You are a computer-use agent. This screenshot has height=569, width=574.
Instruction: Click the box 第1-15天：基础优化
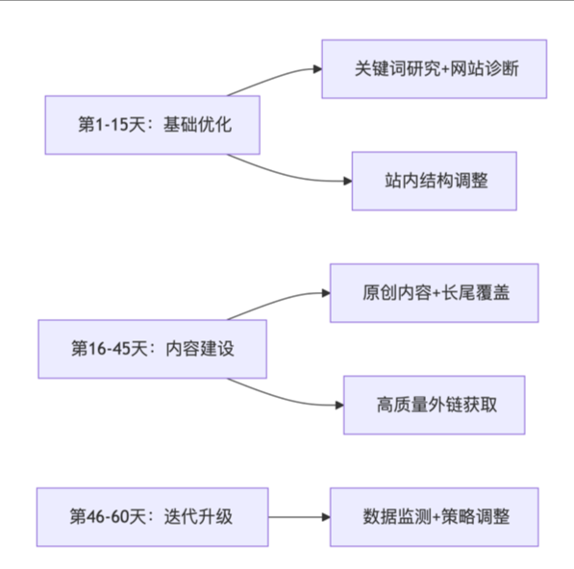[152, 125]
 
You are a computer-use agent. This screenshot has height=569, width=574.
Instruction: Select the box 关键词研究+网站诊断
[434, 69]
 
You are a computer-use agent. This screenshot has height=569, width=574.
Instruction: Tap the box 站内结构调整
[434, 180]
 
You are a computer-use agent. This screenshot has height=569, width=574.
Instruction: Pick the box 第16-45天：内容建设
[152, 349]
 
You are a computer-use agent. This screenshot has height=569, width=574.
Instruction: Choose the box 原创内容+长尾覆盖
[434, 292]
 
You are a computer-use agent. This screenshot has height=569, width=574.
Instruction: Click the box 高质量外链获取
[434, 404]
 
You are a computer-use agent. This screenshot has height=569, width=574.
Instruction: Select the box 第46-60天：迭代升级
[152, 516]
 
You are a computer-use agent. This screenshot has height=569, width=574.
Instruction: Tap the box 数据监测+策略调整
[434, 516]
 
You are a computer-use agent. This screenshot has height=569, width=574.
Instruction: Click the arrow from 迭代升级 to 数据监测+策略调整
[298, 516]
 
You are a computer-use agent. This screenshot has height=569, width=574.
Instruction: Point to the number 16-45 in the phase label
[108, 349]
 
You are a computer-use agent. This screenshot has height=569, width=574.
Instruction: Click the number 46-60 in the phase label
[108, 516]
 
